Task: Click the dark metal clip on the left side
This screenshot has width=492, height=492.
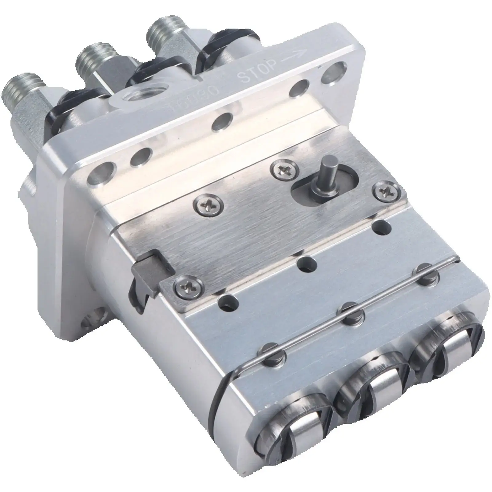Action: click(x=145, y=278)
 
